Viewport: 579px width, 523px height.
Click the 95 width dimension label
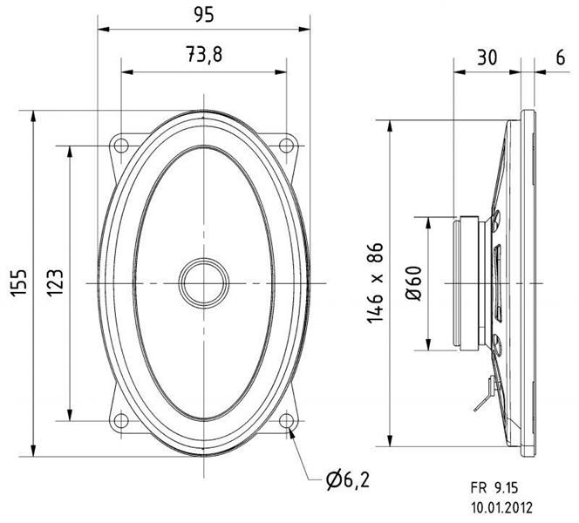(x=203, y=15)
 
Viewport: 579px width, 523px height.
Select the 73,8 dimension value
(x=204, y=54)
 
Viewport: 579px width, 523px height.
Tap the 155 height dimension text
(x=18, y=282)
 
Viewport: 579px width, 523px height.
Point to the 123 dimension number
(x=55, y=282)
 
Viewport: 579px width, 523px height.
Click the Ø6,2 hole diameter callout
(x=347, y=480)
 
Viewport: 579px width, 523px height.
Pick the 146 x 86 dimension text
(x=375, y=283)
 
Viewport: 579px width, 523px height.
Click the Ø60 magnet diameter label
(x=413, y=283)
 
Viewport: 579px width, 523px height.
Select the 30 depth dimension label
(x=487, y=58)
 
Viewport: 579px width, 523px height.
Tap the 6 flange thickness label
(x=560, y=58)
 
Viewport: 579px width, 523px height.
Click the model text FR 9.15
(x=494, y=488)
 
